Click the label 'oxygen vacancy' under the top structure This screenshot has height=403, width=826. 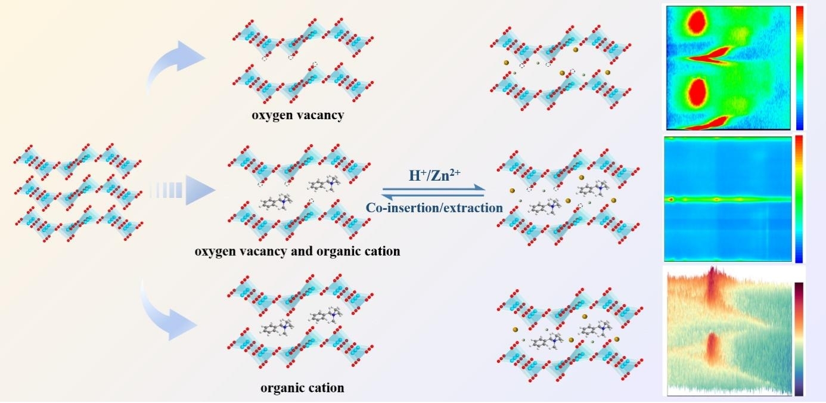click(x=297, y=116)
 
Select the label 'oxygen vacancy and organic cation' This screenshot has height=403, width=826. click(x=297, y=252)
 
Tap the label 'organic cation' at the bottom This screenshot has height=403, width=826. click(x=302, y=388)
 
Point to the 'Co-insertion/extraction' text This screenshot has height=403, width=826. click(x=434, y=207)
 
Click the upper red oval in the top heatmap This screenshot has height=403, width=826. click(x=697, y=23)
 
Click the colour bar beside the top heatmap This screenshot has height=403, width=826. click(x=800, y=67)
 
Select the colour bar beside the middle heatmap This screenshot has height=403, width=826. click(x=799, y=199)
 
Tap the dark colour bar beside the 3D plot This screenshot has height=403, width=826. click(x=799, y=339)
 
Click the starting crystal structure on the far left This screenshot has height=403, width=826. click(x=78, y=192)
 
